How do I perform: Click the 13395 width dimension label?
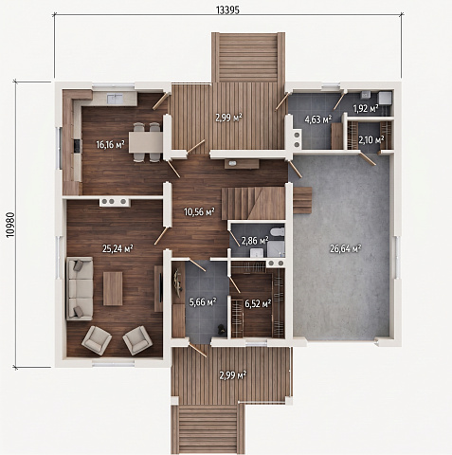[227, 10]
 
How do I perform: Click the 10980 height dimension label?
[10, 225]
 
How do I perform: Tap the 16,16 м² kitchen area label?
[110, 145]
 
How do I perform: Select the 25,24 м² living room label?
[118, 248]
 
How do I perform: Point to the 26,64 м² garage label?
[346, 249]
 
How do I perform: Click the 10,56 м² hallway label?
[199, 211]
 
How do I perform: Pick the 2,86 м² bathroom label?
[255, 241]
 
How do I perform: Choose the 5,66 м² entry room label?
[203, 302]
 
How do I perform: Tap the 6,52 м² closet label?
[258, 304]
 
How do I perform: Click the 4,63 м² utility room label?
[318, 119]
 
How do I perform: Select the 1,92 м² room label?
[366, 109]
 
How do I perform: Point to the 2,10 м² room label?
[371, 139]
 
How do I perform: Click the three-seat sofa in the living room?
[80, 288]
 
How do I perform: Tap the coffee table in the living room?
[113, 289]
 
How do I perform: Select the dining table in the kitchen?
[146, 142]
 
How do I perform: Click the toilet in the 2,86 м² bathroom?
[278, 231]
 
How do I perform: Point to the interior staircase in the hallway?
[253, 203]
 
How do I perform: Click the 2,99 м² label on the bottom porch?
[233, 375]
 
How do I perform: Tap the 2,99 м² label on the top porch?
[228, 118]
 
